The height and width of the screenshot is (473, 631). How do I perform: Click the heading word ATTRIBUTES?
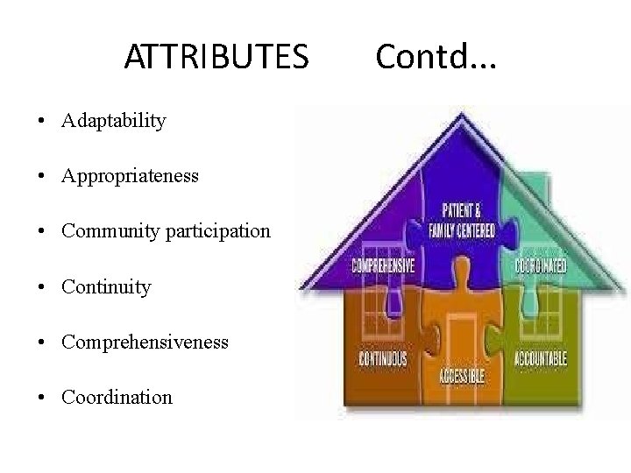216,57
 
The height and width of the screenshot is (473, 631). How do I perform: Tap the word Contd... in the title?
436,57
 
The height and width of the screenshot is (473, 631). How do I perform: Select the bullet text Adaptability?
113,121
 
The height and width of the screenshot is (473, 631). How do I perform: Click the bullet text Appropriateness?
130,176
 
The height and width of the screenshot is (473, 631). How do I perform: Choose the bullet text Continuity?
106,286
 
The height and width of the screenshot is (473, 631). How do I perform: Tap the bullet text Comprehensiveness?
145,342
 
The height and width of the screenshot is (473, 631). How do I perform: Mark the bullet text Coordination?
117,397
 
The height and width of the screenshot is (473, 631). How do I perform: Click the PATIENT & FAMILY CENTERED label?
461,221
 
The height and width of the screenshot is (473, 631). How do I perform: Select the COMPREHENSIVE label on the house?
383,265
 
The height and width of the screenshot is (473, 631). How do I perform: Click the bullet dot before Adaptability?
43,122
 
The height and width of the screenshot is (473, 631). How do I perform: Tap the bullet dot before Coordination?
43,398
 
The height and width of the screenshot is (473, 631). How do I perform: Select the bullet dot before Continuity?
43,287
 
